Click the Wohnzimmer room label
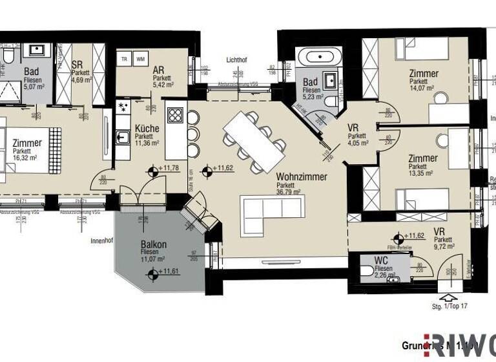pos(301,176)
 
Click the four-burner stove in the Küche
pos(175,115)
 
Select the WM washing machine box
pos(141,59)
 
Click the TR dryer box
pos(124,59)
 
